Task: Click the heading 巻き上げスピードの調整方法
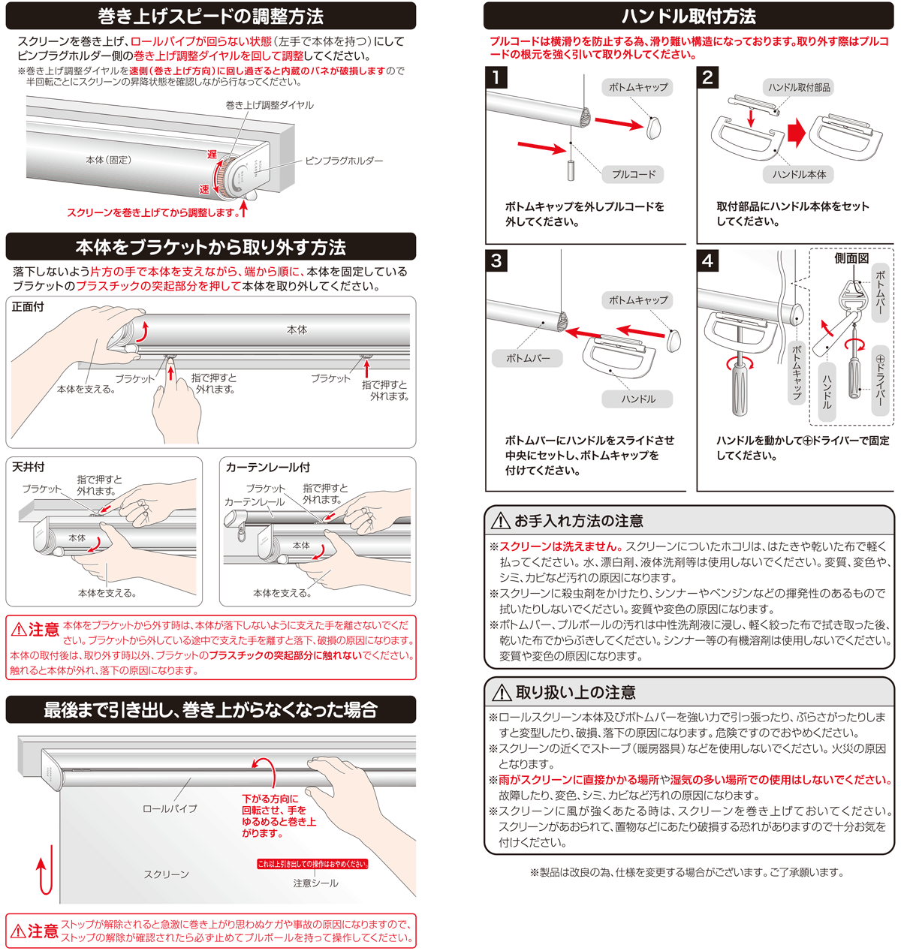click(x=210, y=17)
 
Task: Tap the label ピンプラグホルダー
click(x=344, y=161)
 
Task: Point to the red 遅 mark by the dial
click(x=212, y=155)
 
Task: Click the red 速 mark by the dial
click(x=204, y=189)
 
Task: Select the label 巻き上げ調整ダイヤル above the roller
click(x=270, y=105)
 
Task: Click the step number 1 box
click(x=496, y=77)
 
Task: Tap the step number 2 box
click(x=707, y=77)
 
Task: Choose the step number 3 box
click(x=496, y=260)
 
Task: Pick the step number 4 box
click(x=707, y=260)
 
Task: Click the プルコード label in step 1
click(x=634, y=174)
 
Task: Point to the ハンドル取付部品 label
click(x=799, y=87)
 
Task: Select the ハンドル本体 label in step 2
click(x=799, y=174)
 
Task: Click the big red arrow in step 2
click(x=796, y=133)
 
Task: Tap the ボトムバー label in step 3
click(x=528, y=358)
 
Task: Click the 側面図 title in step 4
click(x=851, y=258)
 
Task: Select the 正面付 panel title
click(x=28, y=307)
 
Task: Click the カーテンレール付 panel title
click(x=267, y=467)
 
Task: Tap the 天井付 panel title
click(x=28, y=467)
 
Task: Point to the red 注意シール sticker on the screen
click(x=312, y=864)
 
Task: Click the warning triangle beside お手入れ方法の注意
click(x=500, y=522)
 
